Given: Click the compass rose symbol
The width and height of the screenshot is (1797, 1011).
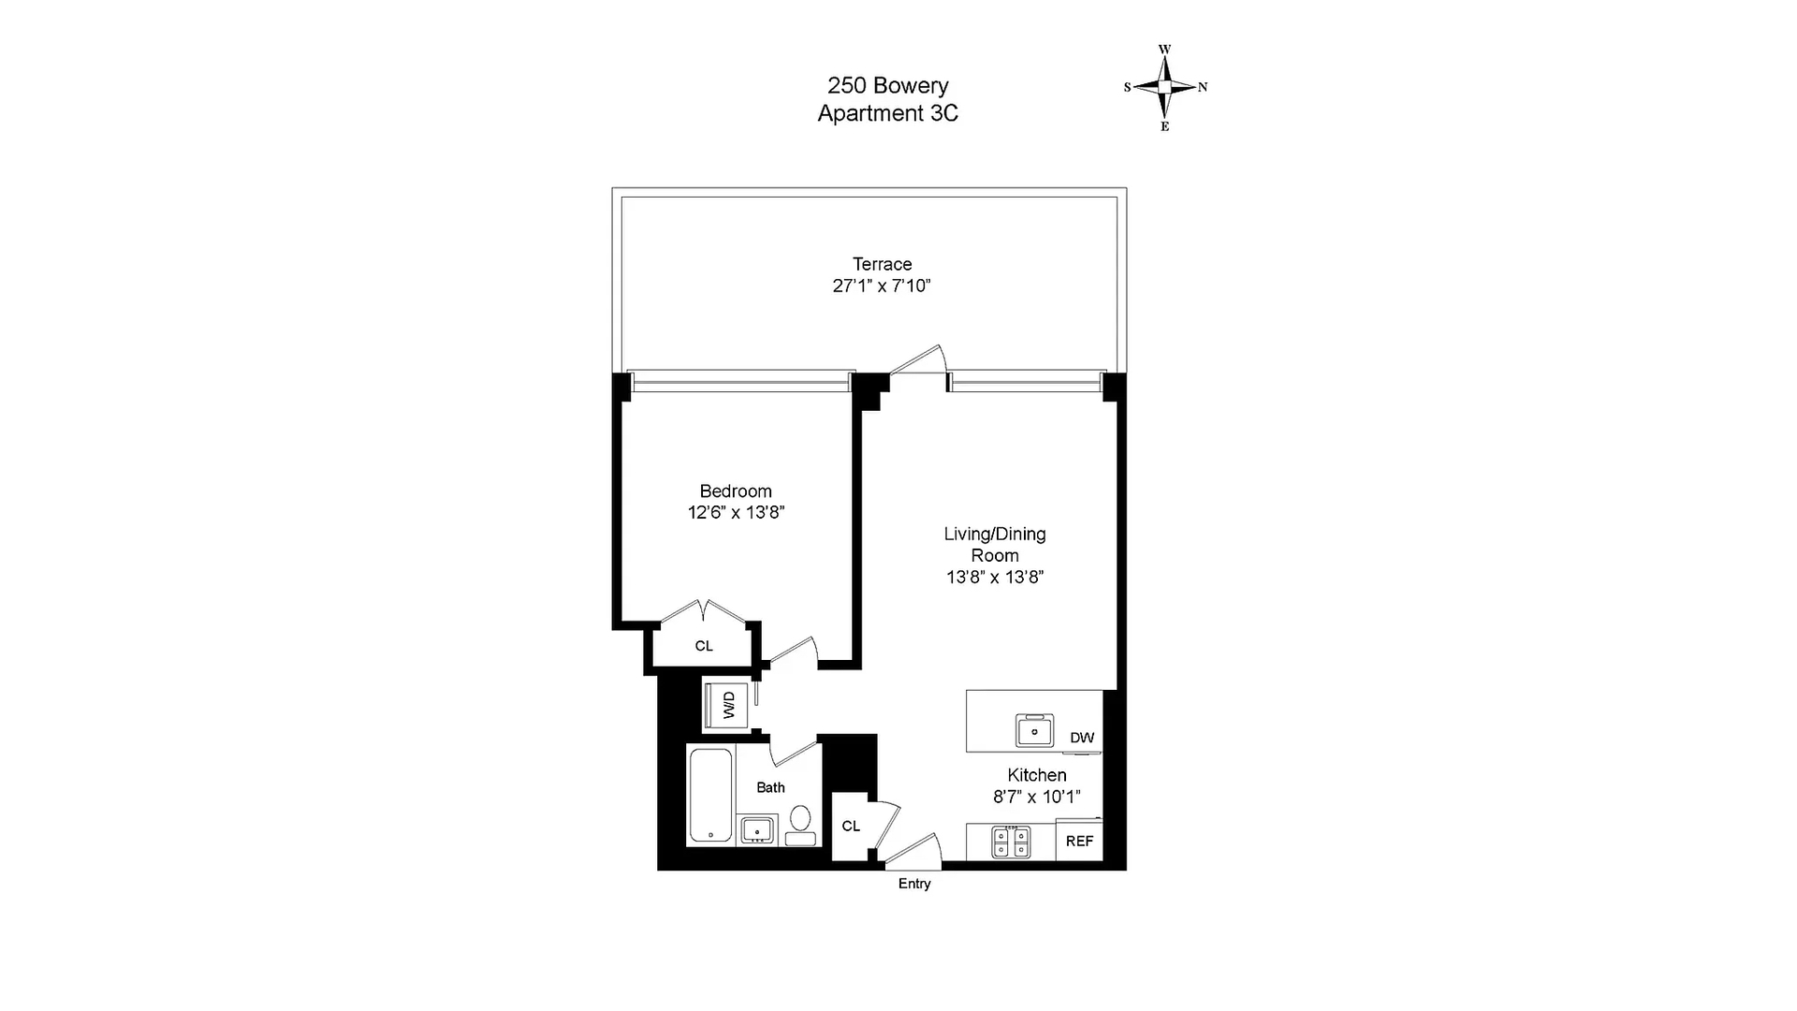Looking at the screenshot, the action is point(1165,87).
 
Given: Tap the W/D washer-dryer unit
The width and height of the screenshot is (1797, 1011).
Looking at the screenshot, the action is point(729,705).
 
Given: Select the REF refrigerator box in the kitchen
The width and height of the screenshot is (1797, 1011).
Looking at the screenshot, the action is point(1079,841).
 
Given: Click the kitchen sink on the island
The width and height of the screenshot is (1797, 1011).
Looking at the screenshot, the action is point(1035,730).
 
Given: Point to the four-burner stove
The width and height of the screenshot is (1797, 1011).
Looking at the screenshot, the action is point(1011,842).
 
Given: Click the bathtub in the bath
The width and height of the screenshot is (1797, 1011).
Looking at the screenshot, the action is point(711,796).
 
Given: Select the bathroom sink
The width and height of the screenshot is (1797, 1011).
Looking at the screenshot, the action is point(758,829).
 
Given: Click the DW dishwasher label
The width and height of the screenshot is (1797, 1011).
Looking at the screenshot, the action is point(1082,738).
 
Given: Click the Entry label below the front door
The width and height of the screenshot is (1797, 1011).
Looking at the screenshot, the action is point(914,884).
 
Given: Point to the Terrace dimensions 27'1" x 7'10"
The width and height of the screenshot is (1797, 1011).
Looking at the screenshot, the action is point(882,286).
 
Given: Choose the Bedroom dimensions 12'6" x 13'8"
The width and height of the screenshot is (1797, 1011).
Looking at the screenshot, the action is point(736,512).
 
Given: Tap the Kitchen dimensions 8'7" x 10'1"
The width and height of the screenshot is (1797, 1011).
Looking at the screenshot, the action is point(1037,797).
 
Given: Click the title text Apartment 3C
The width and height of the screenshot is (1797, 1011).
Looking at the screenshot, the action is point(888,113).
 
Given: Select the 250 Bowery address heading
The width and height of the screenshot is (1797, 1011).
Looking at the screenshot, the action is point(888,85).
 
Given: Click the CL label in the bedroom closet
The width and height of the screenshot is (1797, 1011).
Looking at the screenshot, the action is point(704,646).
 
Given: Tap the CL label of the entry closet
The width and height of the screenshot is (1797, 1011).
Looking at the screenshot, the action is point(851,826).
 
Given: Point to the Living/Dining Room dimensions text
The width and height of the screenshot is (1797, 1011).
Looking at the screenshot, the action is point(995,577).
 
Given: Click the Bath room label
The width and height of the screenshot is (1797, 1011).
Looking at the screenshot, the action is point(771,787).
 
